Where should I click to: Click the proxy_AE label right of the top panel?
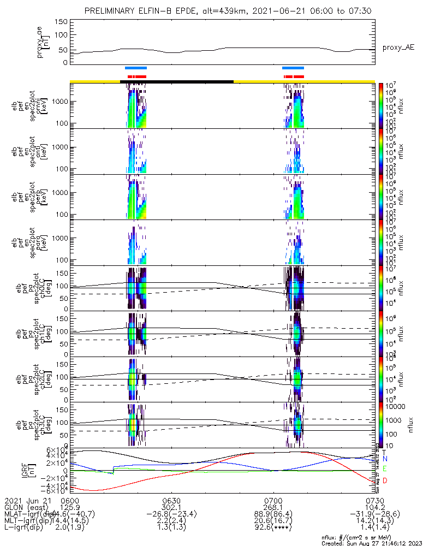(x=398, y=48)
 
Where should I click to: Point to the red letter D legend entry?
(x=385, y=480)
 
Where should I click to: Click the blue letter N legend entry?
(x=385, y=460)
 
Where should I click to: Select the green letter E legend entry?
(x=385, y=469)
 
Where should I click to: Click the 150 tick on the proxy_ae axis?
(x=61, y=22)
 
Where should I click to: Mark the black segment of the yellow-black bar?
(x=176, y=81)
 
